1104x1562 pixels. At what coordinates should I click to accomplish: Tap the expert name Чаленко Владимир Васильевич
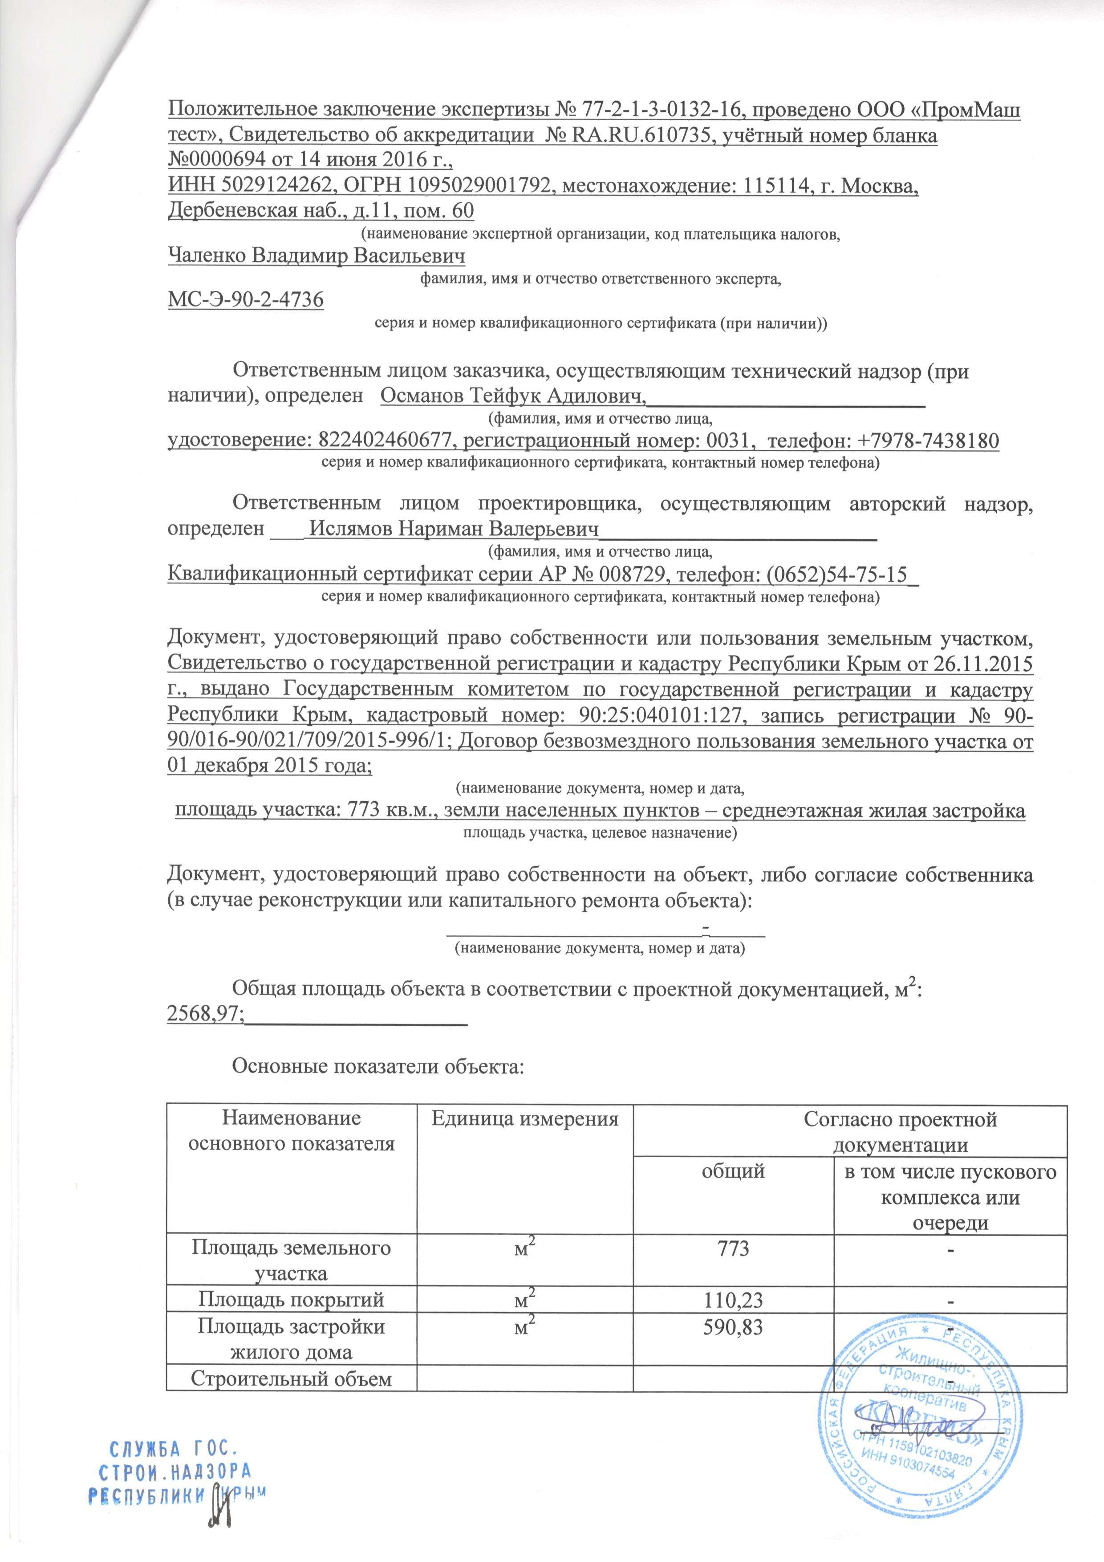[x=316, y=256]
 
